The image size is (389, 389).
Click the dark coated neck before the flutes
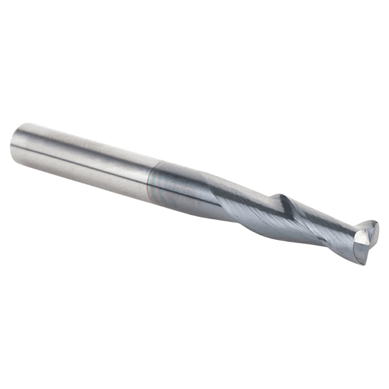[178, 188]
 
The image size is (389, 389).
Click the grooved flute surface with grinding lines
[259, 217]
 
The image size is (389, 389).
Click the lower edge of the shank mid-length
[84, 183]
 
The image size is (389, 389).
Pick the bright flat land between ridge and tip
[318, 217]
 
